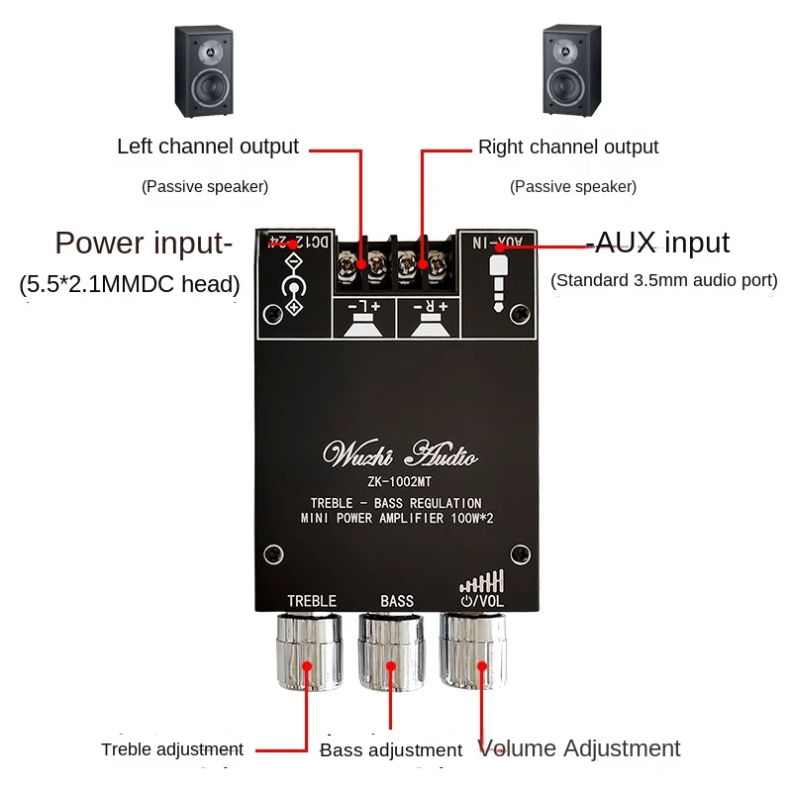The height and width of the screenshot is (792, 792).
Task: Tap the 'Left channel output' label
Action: point(208,147)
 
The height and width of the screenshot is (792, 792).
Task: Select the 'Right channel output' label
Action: point(568,147)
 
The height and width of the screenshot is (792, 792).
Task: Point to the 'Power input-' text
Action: point(144,243)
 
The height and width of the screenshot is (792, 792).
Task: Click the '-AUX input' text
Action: point(657,243)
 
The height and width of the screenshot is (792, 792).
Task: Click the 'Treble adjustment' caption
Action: point(172,749)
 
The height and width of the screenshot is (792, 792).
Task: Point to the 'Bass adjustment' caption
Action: point(391,750)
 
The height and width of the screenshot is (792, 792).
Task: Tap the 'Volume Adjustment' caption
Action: point(579,748)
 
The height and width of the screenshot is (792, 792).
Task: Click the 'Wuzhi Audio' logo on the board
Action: point(402,455)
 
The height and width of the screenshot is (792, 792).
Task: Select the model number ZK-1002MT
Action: point(401,483)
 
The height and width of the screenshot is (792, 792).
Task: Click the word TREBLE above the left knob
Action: point(312,601)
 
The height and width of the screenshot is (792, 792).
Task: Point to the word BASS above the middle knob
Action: point(397,601)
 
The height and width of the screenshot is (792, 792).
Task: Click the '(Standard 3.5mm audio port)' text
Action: point(664,280)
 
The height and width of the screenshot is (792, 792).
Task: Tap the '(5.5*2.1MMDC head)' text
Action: point(130,285)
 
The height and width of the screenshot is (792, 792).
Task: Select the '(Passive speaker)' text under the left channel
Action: point(205,186)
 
